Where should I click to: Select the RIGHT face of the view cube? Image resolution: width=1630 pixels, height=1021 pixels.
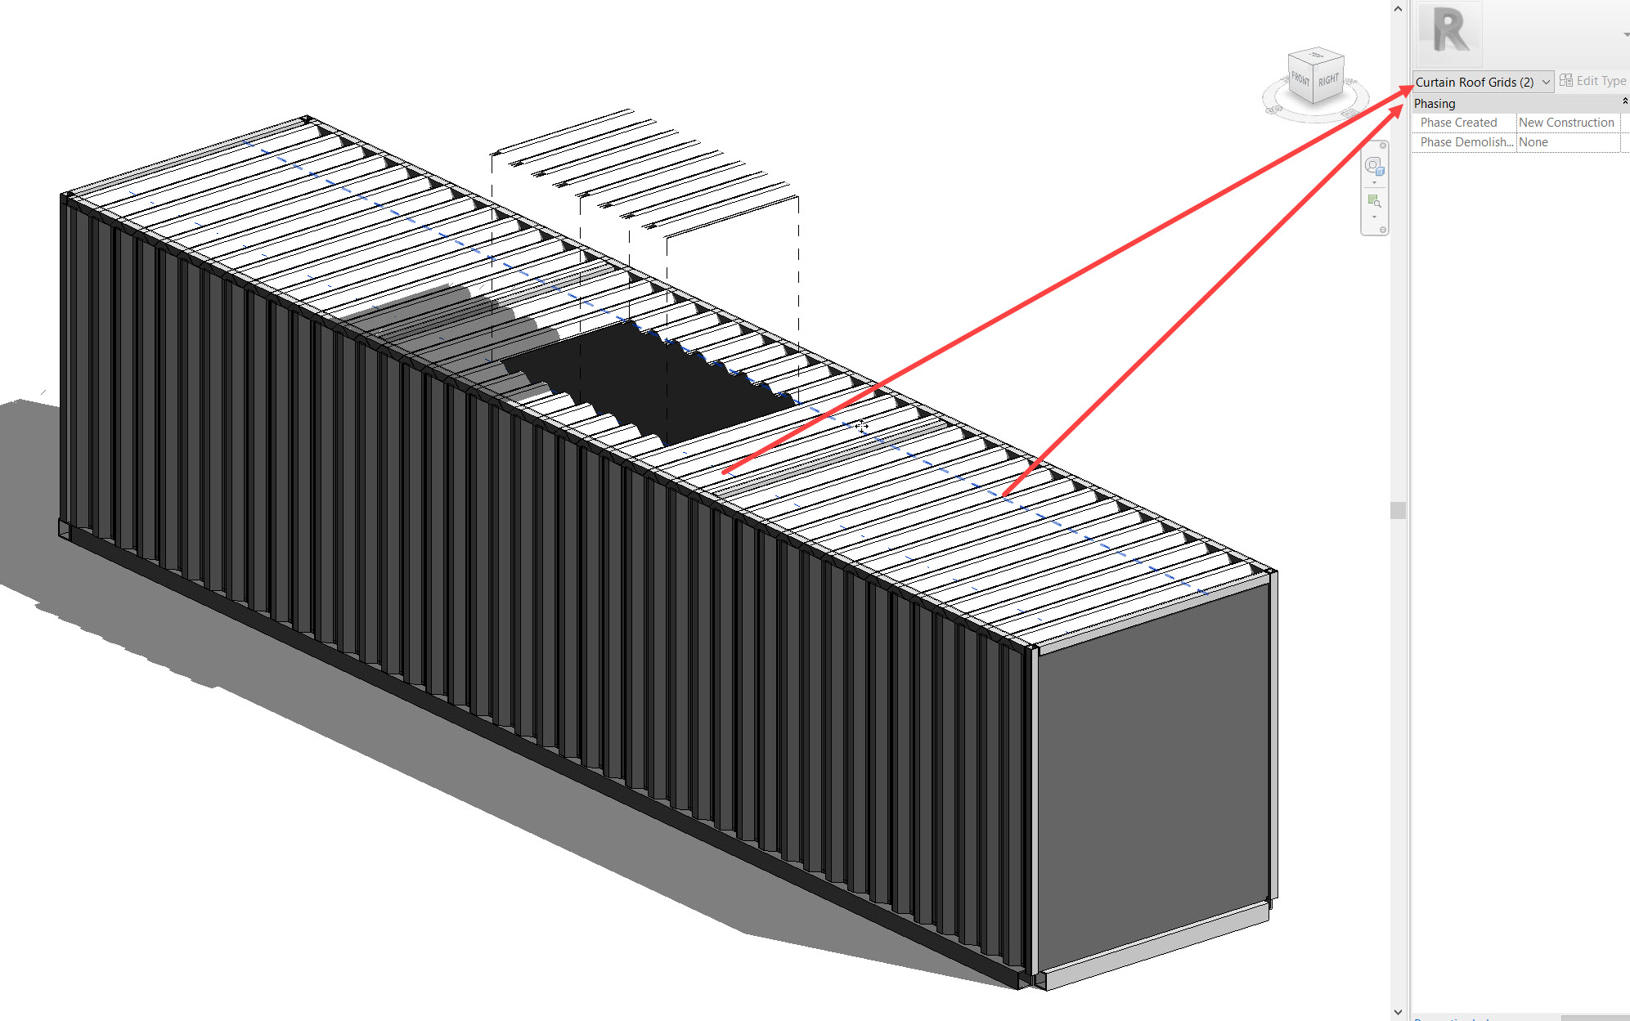coord(1328,80)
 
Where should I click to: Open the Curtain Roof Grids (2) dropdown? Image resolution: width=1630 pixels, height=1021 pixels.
coord(1545,82)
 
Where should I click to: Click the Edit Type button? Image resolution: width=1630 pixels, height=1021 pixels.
coord(1592,81)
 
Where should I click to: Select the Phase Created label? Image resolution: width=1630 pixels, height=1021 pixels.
coord(1458,123)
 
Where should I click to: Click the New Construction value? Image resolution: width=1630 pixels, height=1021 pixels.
coord(1566,123)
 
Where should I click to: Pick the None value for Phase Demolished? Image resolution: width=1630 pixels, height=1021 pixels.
coord(1533,142)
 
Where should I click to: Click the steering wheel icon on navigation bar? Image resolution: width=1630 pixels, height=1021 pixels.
coord(1374,167)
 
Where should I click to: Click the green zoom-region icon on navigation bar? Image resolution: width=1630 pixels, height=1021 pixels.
coord(1374,201)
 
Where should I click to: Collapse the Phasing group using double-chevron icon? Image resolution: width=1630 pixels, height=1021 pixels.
coord(1624,101)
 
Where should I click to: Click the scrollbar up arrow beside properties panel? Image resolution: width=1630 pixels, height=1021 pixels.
coord(1398,9)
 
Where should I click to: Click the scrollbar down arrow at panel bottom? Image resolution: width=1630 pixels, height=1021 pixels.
coord(1398,1012)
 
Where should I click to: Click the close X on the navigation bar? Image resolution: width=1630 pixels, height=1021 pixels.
coord(1383,146)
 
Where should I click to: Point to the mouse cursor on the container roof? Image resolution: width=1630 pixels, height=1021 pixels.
coord(861,426)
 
